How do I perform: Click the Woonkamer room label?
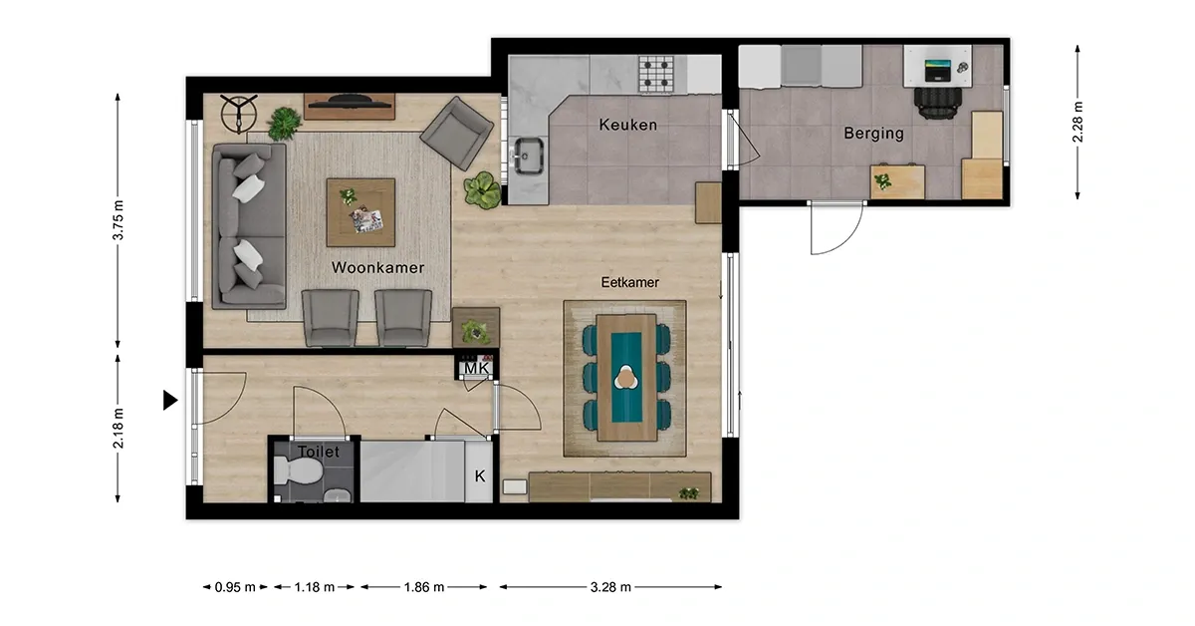tap(377, 267)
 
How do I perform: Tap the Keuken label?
tap(628, 125)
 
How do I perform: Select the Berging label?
tap(874, 133)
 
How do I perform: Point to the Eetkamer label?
tap(629, 282)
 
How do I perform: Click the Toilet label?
tap(319, 452)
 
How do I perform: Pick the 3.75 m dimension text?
tap(118, 220)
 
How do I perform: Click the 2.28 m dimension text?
tap(1077, 122)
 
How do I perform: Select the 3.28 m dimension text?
tap(610, 587)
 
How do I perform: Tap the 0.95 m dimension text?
tap(235, 587)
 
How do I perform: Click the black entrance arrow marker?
tap(169, 400)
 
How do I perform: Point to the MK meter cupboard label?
tap(476, 368)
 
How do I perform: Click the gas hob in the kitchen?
tap(656, 74)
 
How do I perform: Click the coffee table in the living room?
tap(360, 212)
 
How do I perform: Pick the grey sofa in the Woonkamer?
tap(249, 226)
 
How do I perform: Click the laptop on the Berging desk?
tap(937, 71)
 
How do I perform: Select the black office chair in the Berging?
tap(937, 103)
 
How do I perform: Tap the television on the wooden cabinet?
tap(348, 102)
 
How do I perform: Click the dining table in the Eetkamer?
tap(626, 378)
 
